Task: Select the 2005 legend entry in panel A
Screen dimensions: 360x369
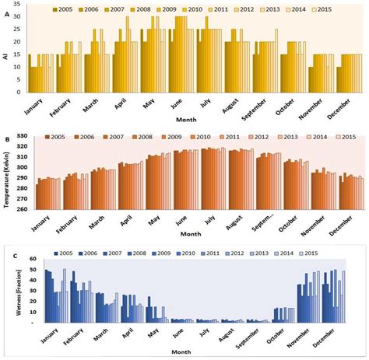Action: click(69, 9)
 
